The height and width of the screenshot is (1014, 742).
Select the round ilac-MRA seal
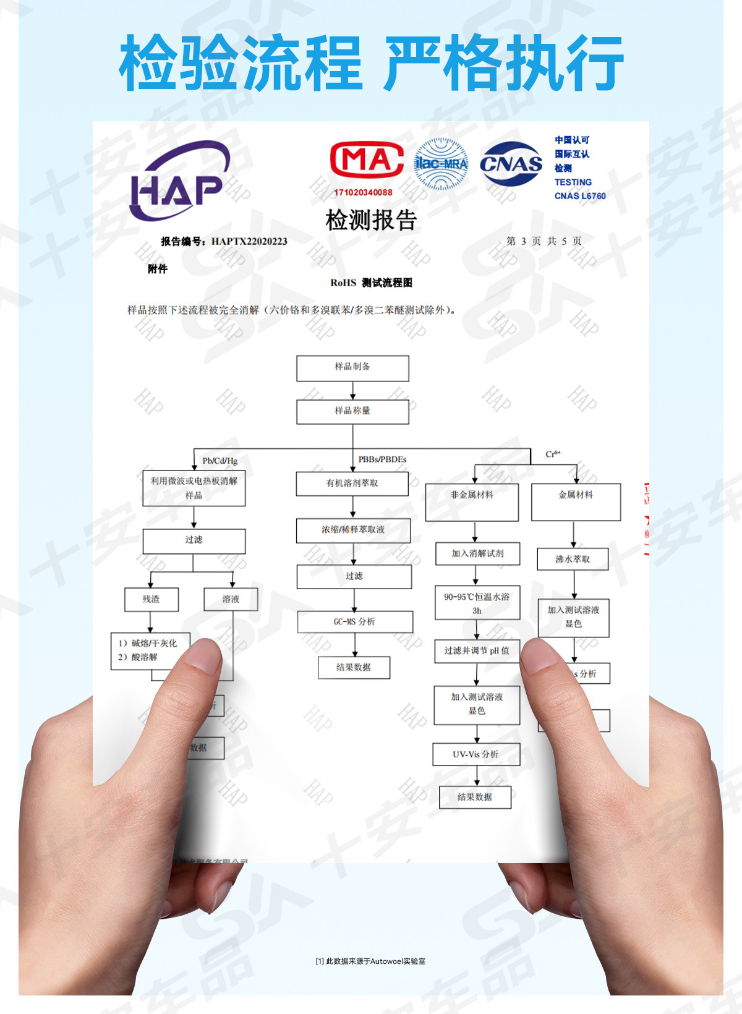click(x=441, y=164)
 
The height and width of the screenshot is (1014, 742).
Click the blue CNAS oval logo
click(x=511, y=164)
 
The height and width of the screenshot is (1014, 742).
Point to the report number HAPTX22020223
click(x=249, y=241)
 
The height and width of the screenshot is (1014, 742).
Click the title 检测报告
click(x=371, y=220)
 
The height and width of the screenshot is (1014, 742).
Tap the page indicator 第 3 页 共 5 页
click(x=544, y=241)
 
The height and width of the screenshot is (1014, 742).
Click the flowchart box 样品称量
click(x=352, y=412)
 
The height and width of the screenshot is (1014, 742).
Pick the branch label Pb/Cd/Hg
click(x=220, y=461)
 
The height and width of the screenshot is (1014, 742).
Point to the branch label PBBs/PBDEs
click(x=382, y=459)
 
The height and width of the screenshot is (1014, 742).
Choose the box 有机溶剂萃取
click(x=352, y=484)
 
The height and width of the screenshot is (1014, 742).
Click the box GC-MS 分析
click(x=355, y=622)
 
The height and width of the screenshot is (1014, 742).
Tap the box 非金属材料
click(x=472, y=501)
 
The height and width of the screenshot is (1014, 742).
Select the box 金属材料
click(x=576, y=501)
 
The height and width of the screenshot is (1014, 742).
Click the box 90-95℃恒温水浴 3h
click(x=477, y=603)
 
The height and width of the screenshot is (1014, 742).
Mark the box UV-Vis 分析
click(x=476, y=754)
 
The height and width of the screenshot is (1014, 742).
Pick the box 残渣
click(x=151, y=599)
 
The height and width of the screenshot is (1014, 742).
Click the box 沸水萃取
click(x=573, y=559)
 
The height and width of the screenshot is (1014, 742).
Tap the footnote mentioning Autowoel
click(x=370, y=961)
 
